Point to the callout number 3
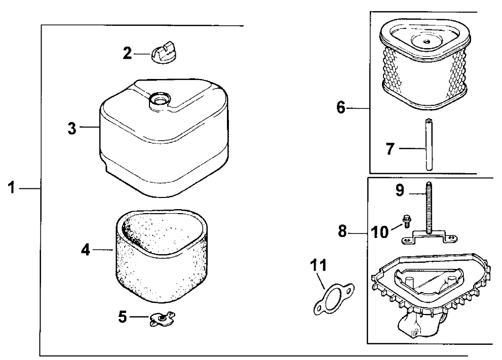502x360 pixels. click(x=72, y=128)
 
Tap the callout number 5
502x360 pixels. click(x=122, y=317)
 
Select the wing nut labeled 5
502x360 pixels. click(x=161, y=318)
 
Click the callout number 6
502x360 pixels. click(x=341, y=108)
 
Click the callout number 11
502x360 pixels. click(x=319, y=266)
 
